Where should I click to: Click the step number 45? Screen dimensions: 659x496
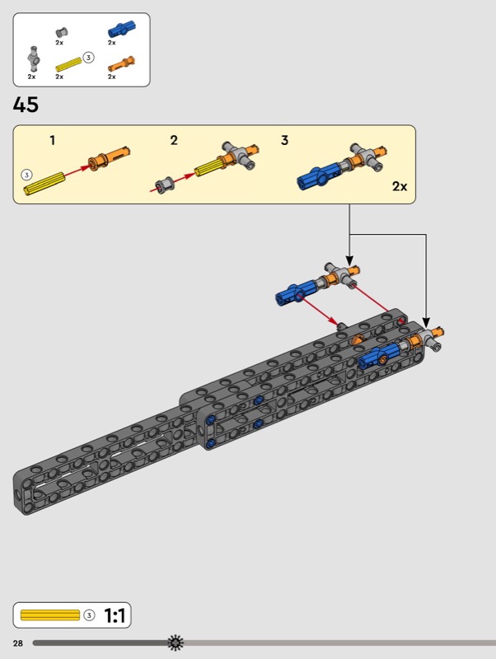26,105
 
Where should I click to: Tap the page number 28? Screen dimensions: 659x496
17,642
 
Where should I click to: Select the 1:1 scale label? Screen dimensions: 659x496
115,616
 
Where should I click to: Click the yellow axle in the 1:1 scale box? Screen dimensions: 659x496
49,615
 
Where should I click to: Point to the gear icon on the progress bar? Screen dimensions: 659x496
175,642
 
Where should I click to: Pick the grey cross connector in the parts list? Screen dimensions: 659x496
32,58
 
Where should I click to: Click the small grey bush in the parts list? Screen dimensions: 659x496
60,31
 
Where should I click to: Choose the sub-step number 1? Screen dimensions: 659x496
52,140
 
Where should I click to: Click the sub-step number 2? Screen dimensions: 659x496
174,140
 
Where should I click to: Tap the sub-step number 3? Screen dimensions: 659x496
284,140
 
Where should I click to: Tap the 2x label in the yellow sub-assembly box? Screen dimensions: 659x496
400,186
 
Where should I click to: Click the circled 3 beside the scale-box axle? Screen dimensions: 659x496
90,615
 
